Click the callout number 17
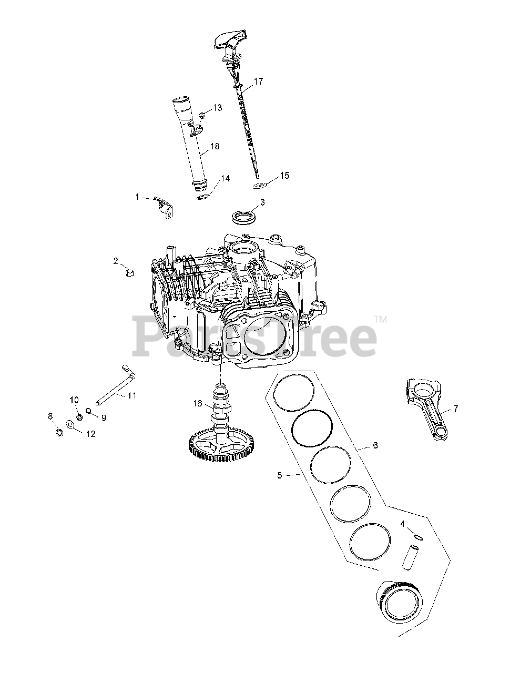pos(258,81)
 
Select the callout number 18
pos(215,146)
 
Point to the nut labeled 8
pos(59,433)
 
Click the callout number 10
pos(74,400)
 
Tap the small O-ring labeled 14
pos(203,197)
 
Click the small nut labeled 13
pos(202,114)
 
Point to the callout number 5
pos(279,475)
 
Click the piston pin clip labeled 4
pos(418,537)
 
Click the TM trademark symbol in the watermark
pos(380,319)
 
